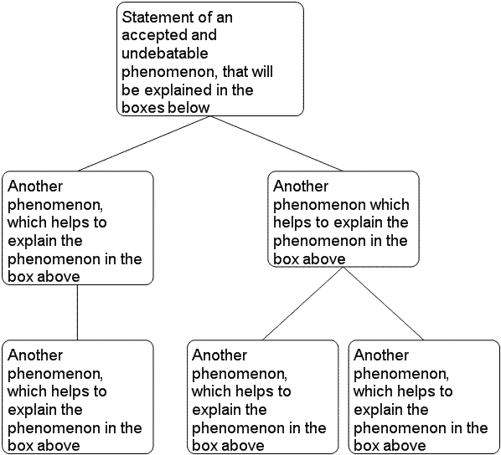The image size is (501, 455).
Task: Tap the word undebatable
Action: (165, 53)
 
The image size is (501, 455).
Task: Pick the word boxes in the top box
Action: (143, 108)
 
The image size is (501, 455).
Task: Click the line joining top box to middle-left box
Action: (144, 143)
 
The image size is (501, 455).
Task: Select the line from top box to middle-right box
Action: (276, 143)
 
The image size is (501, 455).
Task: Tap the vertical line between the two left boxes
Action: (77, 312)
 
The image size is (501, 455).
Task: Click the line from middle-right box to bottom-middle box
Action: (303, 303)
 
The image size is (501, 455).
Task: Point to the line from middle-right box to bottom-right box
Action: (383, 303)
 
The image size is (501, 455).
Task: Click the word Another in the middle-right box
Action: (301, 186)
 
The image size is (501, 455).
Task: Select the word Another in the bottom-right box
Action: (381, 355)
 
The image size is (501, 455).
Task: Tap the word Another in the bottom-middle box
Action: (220, 355)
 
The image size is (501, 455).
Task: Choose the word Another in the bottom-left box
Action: (35, 355)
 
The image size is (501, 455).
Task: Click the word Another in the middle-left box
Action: (35, 186)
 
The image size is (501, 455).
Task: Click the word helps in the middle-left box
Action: (71, 223)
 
